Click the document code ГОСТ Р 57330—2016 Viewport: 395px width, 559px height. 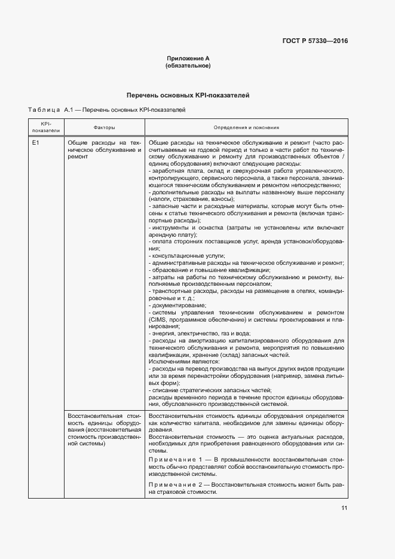(x=315, y=41)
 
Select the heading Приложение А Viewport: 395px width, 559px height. (x=188, y=59)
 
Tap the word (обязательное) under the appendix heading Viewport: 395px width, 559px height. (x=188, y=66)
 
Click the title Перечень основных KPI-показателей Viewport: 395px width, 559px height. (x=188, y=95)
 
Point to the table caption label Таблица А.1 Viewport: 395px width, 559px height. (x=50, y=110)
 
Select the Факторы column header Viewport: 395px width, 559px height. (x=105, y=128)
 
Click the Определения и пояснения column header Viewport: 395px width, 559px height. (x=246, y=128)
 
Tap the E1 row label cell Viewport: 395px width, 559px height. (x=36, y=143)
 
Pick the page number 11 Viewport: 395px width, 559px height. (x=344, y=508)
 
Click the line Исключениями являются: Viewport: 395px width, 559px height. (x=183, y=362)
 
